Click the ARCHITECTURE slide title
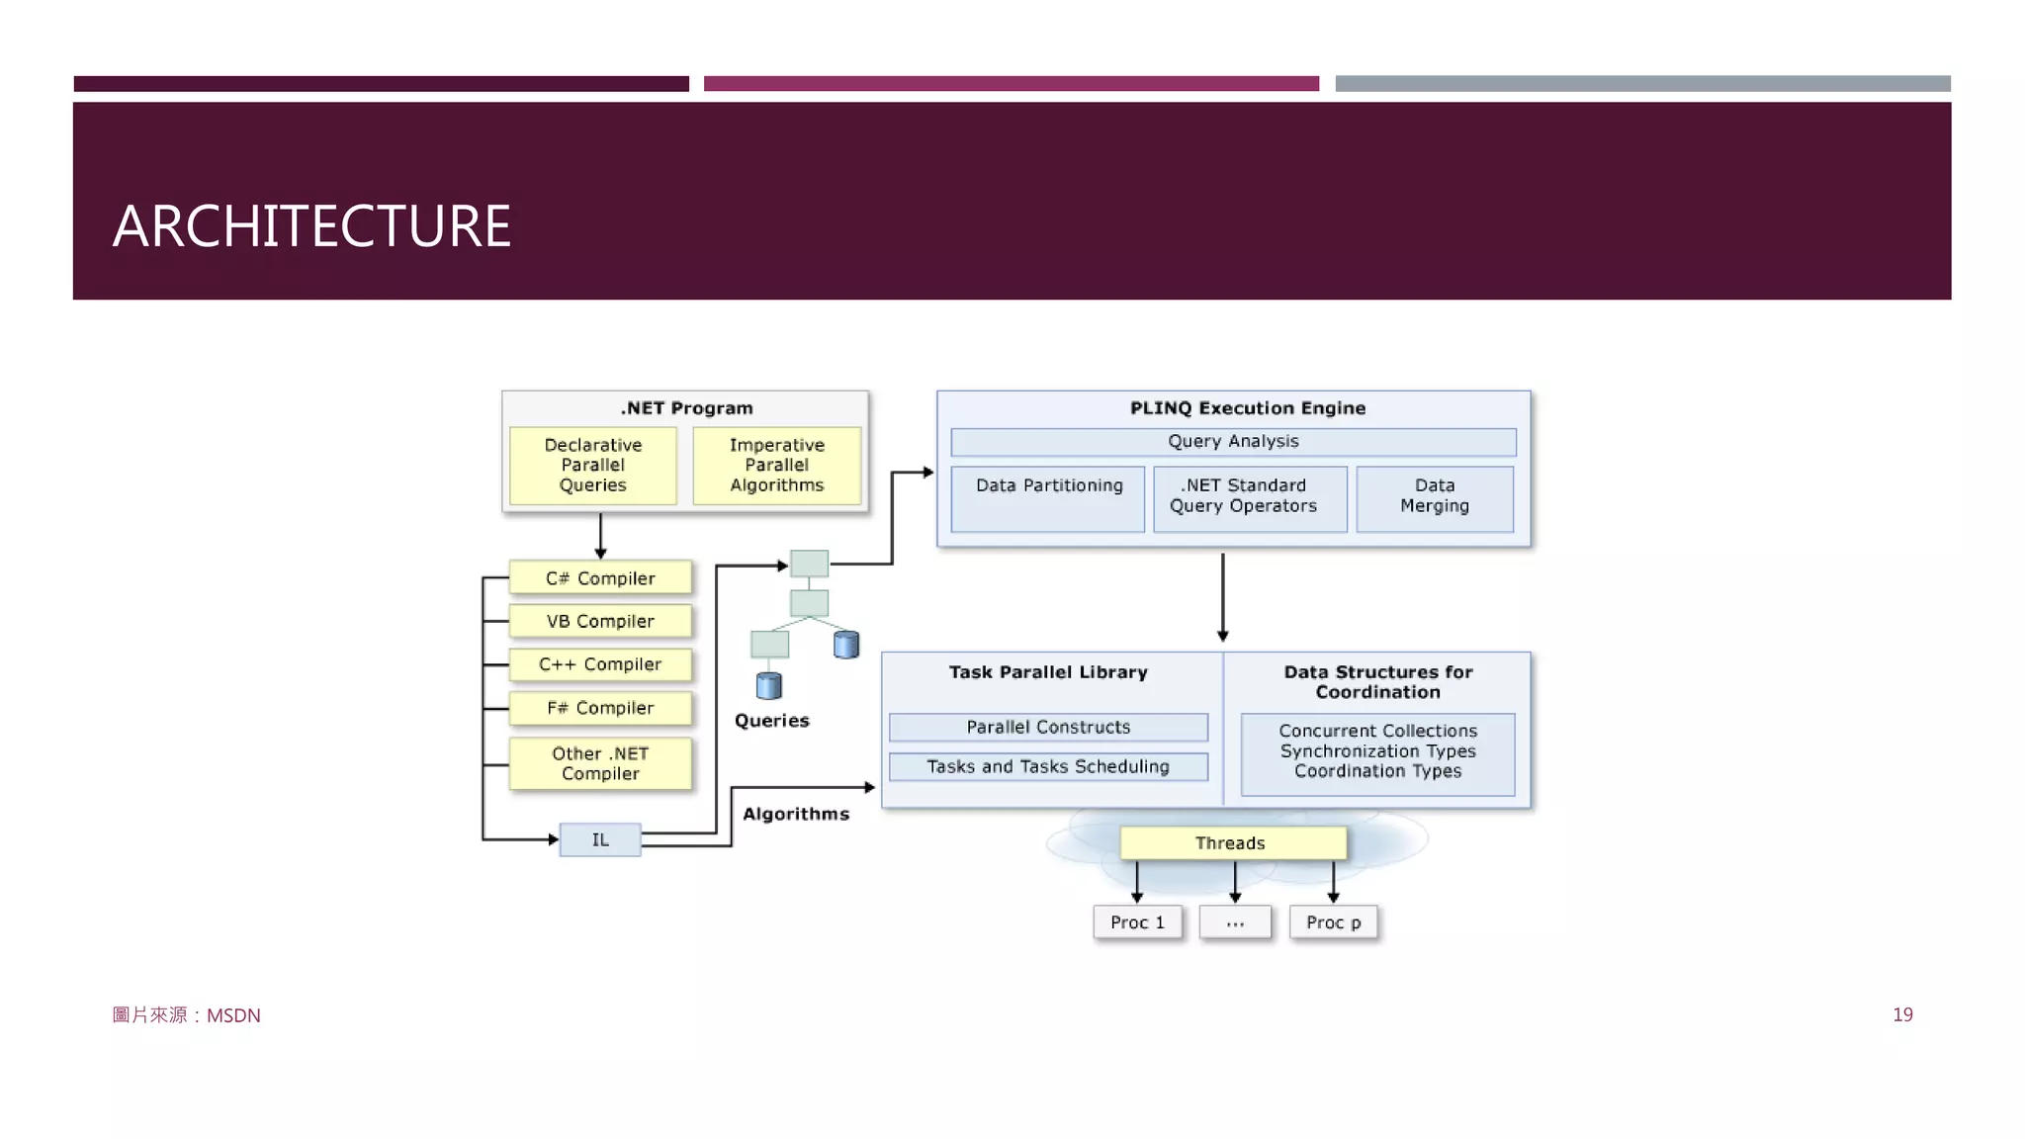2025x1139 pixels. tap(311, 226)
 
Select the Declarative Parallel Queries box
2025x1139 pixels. tap(593, 466)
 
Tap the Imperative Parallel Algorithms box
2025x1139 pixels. tap(777, 466)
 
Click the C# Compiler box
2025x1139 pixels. tap(600, 578)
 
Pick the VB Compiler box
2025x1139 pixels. tap(600, 622)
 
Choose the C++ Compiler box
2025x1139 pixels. tap(600, 664)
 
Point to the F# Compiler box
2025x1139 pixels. tap(600, 708)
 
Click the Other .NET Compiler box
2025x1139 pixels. tap(600, 763)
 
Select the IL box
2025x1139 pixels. tap(600, 839)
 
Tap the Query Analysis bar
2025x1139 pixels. tap(1233, 442)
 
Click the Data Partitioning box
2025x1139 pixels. tap(1048, 498)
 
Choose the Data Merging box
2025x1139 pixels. tap(1435, 498)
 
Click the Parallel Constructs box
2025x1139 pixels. tap(1048, 728)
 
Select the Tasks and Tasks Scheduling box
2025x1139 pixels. tap(1048, 767)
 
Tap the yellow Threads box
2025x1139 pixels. tap(1232, 843)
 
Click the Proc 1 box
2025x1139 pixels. tap(1137, 922)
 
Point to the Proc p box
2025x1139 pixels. tap(1333, 922)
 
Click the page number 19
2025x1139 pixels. tap(1902, 1014)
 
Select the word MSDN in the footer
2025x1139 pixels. tap(233, 1015)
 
